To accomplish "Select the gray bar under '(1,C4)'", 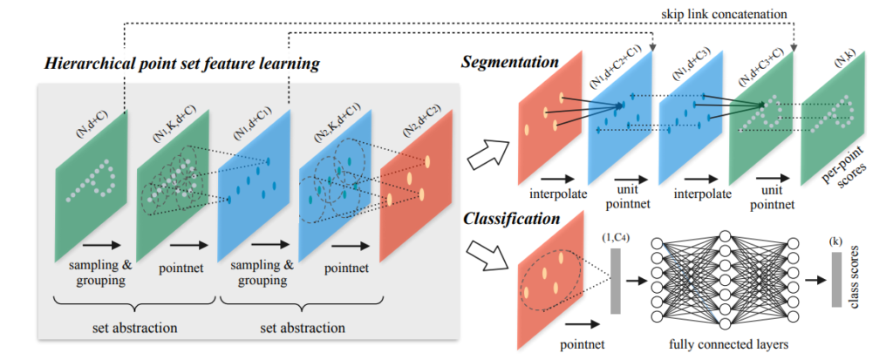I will pos(616,279).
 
